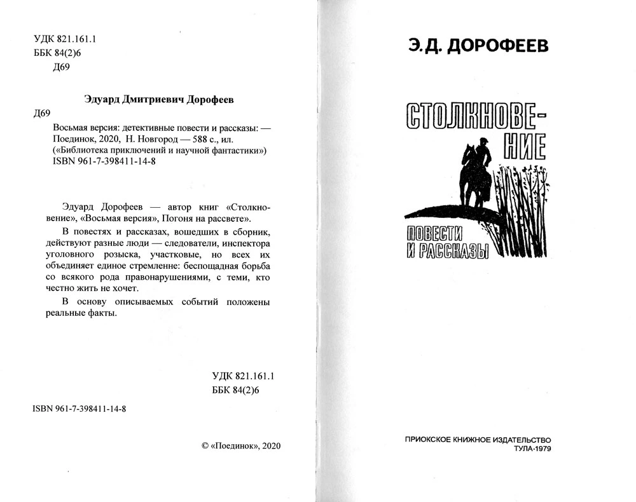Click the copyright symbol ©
tap(204, 445)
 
